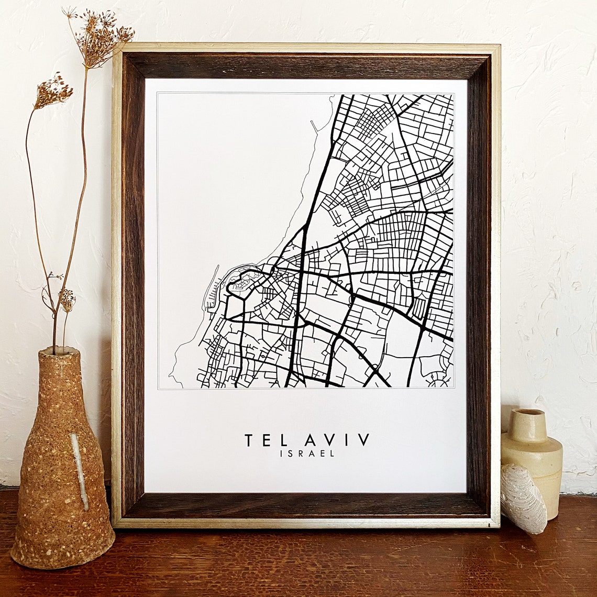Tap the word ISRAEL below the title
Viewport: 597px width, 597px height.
point(307,454)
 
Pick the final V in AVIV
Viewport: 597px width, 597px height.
point(364,440)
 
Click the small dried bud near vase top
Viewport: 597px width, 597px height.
point(67,300)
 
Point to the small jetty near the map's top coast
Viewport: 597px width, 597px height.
point(314,126)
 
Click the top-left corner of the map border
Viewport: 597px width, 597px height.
point(158,94)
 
